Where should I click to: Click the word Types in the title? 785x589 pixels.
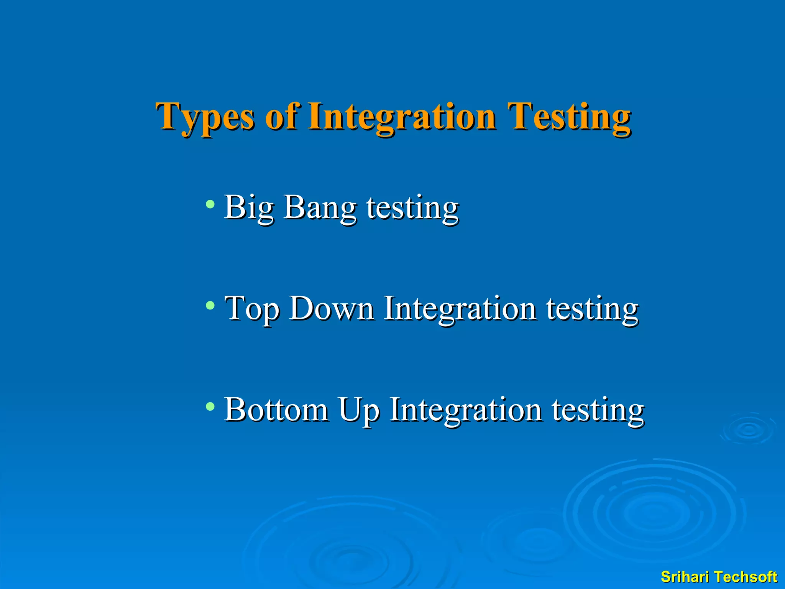point(205,117)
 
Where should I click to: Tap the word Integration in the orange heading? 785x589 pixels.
point(402,117)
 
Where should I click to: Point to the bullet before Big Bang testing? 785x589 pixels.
point(210,204)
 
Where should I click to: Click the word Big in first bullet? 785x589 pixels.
point(248,208)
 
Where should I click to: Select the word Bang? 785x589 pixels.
point(320,208)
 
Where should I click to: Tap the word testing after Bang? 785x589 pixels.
point(412,208)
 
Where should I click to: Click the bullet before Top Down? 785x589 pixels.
point(210,305)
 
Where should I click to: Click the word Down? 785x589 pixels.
point(332,308)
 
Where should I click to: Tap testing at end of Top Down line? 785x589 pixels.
point(592,309)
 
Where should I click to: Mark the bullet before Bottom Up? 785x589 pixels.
point(210,406)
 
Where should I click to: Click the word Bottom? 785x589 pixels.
point(276,410)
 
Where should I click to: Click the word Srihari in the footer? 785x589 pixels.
point(685,577)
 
